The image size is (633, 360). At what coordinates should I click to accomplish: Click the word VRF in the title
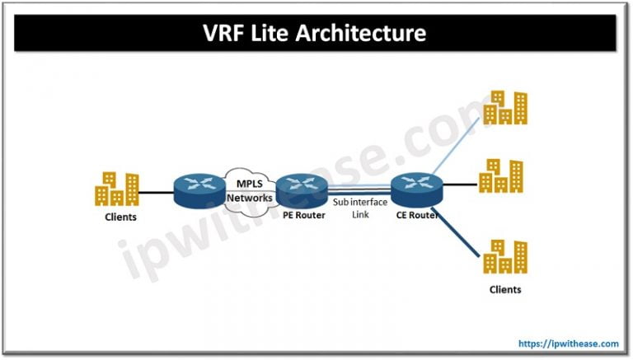pyautogui.click(x=227, y=34)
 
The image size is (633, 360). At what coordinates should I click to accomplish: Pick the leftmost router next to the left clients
pyautogui.click(x=195, y=191)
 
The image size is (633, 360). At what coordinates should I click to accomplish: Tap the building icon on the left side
pyautogui.click(x=116, y=189)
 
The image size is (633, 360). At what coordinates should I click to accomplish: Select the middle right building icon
pyautogui.click(x=500, y=175)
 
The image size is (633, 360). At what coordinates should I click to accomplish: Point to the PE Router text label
pyautogui.click(x=299, y=216)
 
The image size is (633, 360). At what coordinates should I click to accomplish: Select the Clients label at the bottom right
pyautogui.click(x=504, y=289)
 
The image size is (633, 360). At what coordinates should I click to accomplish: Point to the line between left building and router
pyautogui.click(x=157, y=194)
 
